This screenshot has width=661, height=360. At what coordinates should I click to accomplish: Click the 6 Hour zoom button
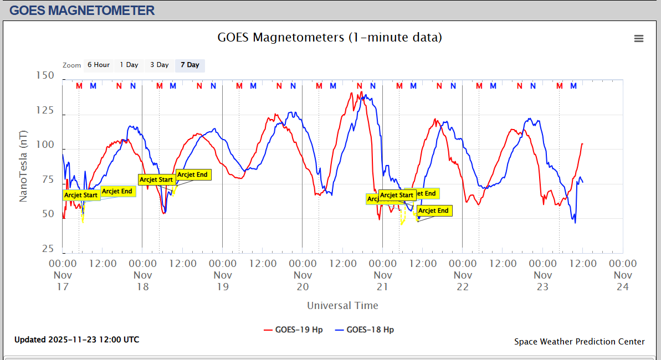coord(98,65)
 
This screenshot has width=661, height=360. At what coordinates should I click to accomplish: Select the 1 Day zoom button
coord(129,65)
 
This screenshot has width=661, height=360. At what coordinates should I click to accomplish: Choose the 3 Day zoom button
coord(160,65)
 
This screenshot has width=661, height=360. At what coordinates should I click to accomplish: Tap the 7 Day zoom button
coord(190,65)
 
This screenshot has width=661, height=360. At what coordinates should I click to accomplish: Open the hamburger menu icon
coord(639,38)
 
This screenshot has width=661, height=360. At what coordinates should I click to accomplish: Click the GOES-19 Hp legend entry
coord(293,330)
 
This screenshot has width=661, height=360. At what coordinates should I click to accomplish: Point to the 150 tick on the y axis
coord(45,76)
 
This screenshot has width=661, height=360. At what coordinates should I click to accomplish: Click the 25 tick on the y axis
coord(48,249)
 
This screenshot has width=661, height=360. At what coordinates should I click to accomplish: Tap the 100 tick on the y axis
coord(45,145)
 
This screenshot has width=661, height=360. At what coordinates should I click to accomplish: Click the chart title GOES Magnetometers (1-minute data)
coord(330,38)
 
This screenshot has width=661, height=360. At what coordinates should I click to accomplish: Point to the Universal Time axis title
coord(342,306)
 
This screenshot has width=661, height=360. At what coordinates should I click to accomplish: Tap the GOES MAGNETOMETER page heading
coord(82,10)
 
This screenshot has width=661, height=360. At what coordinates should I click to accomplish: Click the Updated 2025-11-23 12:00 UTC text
coord(77,340)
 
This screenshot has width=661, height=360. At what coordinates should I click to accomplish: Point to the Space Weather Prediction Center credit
coord(580,342)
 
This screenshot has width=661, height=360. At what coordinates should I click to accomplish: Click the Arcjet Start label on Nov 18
coord(156,179)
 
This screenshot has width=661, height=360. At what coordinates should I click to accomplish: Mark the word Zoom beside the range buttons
coord(72,65)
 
